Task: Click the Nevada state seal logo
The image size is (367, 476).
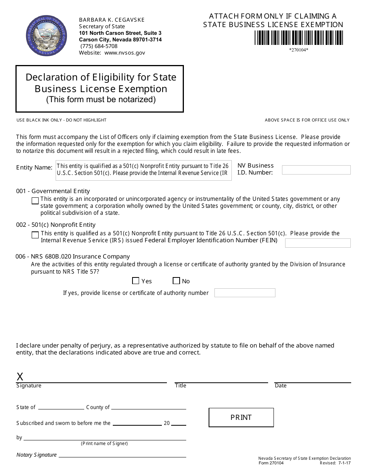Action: [x=46, y=36]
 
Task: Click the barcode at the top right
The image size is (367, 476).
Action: [x=299, y=38]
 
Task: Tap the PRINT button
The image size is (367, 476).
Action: [x=241, y=418]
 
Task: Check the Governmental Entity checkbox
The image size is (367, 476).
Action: [x=35, y=201]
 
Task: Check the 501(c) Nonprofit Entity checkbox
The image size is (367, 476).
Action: [x=35, y=235]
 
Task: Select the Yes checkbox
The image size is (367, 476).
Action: [x=136, y=281]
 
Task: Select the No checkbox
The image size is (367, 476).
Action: [x=177, y=281]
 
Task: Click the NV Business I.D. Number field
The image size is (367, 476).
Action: [x=316, y=170]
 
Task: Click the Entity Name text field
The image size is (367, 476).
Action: [x=144, y=170]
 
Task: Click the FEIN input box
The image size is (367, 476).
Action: [x=318, y=243]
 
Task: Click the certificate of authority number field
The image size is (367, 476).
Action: [x=245, y=293]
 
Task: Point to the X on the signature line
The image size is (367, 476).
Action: [x=20, y=377]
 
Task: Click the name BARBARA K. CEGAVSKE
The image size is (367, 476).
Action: [x=112, y=20]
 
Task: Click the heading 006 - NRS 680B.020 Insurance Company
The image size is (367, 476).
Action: [x=73, y=257]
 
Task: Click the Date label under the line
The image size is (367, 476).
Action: [x=280, y=386]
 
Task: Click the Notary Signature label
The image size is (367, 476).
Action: [x=37, y=455]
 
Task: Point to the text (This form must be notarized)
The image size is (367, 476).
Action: [x=101, y=99]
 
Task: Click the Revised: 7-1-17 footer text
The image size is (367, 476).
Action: [x=335, y=463]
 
